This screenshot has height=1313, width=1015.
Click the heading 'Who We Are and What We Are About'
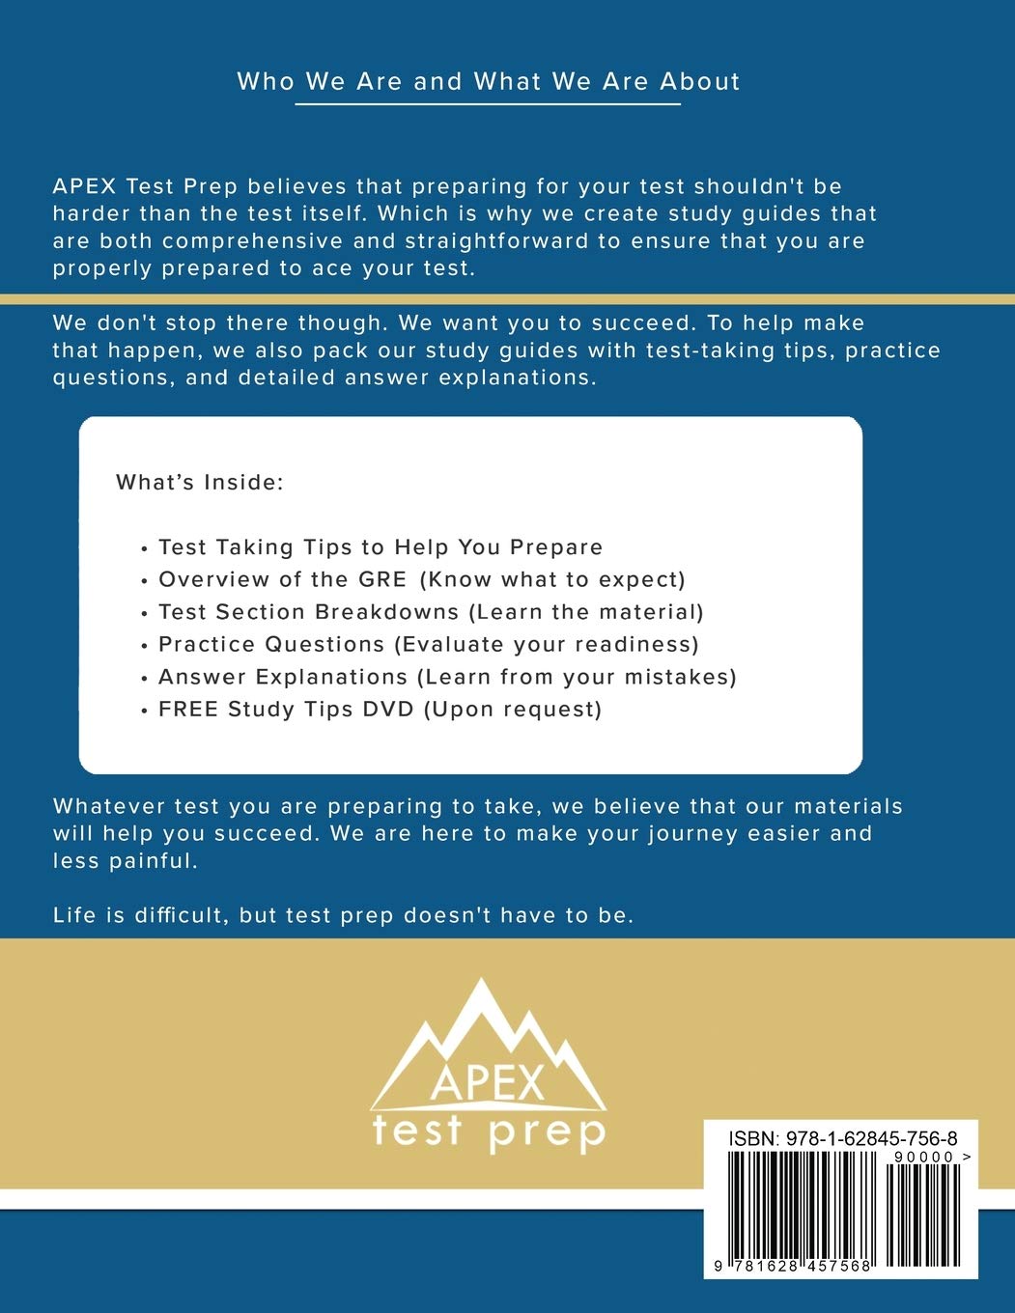pos(489,81)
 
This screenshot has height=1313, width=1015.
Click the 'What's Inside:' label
pos(200,482)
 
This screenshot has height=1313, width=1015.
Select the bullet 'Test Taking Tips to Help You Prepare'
pos(381,547)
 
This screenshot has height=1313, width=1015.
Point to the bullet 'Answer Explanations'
pos(283,677)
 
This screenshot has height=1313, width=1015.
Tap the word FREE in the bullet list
pos(188,710)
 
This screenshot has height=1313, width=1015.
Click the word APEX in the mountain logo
pos(488,1082)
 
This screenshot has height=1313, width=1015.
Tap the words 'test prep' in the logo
pos(489,1131)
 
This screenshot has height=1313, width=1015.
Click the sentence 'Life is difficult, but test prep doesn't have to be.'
pos(344,915)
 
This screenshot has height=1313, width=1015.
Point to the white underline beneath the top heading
pos(488,102)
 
